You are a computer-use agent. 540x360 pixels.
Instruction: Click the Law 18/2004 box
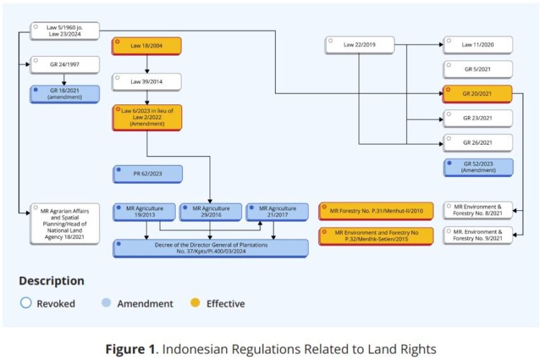[x=146, y=46]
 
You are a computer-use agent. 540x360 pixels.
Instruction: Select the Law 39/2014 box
[x=146, y=81]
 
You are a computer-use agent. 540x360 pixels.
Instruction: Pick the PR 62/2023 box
[x=147, y=174]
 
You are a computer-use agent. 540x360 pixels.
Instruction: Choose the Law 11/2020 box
[x=477, y=45]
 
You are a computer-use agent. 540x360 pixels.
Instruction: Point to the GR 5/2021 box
[x=477, y=69]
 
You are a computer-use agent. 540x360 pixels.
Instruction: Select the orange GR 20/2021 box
[x=477, y=94]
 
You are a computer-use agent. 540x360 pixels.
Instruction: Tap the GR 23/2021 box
[x=477, y=118]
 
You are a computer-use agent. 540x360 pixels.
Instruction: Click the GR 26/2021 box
[x=477, y=143]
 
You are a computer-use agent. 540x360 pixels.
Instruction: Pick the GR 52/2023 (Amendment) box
[x=477, y=167]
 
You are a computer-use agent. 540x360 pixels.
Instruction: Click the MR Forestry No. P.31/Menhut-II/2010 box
[x=376, y=210]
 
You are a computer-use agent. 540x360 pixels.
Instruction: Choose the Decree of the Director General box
[x=211, y=248]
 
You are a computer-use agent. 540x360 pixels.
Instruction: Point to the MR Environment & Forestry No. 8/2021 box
[x=477, y=210]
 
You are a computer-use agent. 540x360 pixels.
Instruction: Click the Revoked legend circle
[x=26, y=303]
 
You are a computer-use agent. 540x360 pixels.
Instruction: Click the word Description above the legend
[x=51, y=281]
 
